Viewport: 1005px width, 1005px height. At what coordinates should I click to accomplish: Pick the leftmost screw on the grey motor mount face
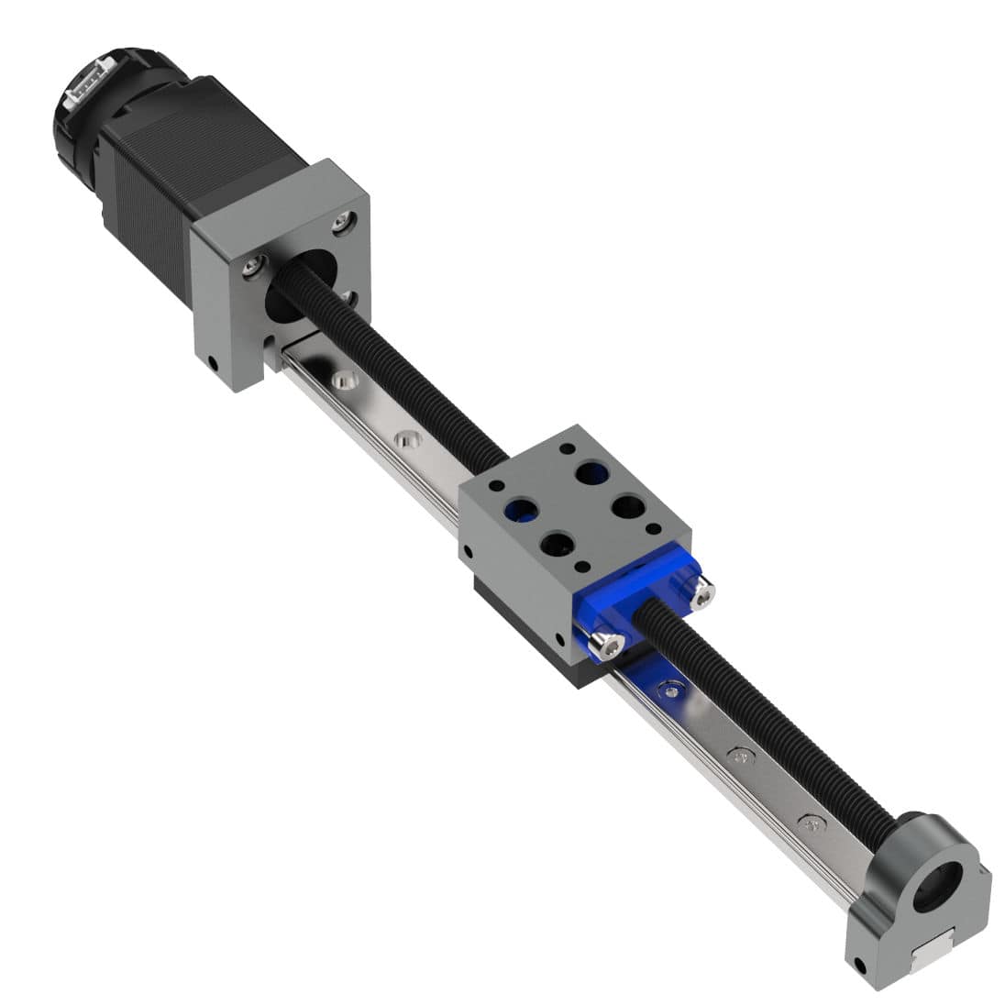[x=252, y=267]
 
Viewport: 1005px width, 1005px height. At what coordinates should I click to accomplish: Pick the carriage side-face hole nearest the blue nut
[x=560, y=637]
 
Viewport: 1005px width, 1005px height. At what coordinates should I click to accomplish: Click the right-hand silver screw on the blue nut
[x=701, y=595]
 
